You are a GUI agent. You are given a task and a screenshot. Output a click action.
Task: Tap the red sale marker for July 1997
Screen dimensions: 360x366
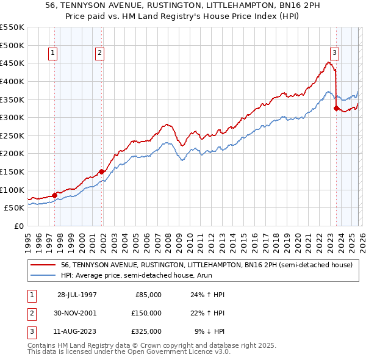pos(55,195)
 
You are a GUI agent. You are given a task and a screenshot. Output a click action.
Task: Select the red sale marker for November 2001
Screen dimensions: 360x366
pos(101,172)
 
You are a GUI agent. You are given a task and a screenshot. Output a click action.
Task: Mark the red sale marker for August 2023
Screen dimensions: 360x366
pos(336,109)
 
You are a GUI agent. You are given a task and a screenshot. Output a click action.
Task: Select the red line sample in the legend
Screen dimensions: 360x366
pos(43,265)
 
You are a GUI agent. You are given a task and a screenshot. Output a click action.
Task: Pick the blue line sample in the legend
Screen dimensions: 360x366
pos(43,276)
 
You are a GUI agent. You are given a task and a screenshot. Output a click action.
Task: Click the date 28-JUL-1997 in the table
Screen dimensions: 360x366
pos(77,295)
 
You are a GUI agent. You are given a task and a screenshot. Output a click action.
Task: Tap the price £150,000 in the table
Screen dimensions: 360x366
pos(146,313)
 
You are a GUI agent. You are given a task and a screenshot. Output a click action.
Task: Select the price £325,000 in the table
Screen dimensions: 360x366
pos(146,331)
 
